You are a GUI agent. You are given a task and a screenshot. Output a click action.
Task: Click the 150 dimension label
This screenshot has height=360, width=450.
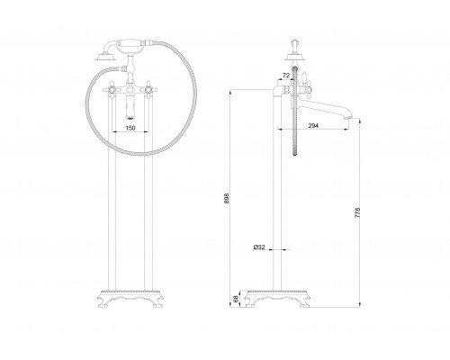pos(130,128)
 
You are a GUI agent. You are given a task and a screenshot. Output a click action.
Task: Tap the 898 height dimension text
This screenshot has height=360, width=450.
pos(227,198)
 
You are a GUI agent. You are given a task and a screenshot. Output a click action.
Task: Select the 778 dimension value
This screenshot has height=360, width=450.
pos(357,212)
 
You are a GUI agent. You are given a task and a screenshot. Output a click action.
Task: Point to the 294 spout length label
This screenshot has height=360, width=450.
pos(313,126)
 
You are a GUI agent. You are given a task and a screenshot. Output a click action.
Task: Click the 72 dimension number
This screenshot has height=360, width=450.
pos(286,76)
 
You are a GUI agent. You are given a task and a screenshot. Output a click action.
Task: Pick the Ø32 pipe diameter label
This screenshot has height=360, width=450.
pos(259,247)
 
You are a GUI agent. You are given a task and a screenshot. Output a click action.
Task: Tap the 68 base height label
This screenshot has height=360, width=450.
pos(236,299)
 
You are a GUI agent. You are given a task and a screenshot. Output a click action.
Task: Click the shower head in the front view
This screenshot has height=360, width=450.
pos(105,57)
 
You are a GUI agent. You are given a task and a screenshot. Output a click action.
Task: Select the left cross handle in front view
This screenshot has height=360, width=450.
pos(112,90)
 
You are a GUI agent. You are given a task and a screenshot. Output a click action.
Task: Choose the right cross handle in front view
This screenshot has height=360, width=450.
pos(148,90)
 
